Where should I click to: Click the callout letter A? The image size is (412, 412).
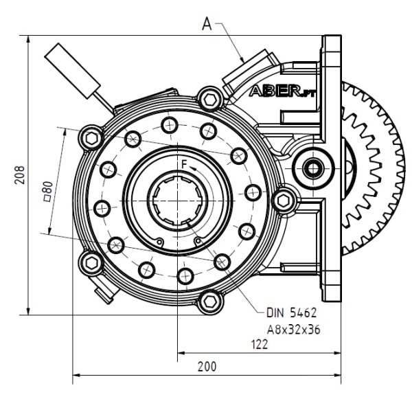point(208,25)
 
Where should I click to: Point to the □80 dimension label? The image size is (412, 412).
point(47,189)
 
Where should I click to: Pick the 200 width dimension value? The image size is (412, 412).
point(206,367)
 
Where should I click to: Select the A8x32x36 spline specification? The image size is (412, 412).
point(293,329)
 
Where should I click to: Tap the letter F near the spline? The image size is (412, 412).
point(183,163)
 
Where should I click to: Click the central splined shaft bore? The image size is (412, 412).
point(178,200)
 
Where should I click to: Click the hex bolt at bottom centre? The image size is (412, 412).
point(211,300)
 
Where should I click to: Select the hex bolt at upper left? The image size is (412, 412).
point(91,137)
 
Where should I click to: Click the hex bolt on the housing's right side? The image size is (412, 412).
point(284,200)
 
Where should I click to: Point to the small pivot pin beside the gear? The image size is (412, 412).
point(312,167)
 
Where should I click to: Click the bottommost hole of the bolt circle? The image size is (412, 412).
point(185,275)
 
